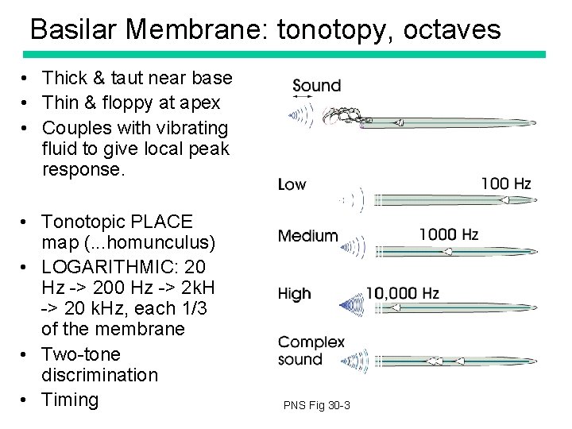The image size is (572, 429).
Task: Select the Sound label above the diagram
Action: [x=316, y=85]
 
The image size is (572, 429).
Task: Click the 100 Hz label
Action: [x=505, y=184]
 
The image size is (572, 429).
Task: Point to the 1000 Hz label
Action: [x=448, y=234]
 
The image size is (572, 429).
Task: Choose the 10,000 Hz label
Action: [x=402, y=293]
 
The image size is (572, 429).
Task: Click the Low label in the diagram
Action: [x=292, y=184]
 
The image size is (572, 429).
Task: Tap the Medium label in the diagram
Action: [x=307, y=236]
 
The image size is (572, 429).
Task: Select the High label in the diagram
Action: [x=294, y=294]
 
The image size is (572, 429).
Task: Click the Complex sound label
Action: [x=311, y=350]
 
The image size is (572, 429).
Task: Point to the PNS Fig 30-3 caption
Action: [x=316, y=406]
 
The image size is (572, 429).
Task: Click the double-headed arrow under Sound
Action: [x=302, y=99]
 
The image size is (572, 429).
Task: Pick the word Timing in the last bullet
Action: [x=70, y=400]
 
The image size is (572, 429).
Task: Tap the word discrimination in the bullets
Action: [x=99, y=374]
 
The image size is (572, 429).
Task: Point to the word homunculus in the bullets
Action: [x=165, y=242]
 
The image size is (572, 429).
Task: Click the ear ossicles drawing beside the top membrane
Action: [x=343, y=116]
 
